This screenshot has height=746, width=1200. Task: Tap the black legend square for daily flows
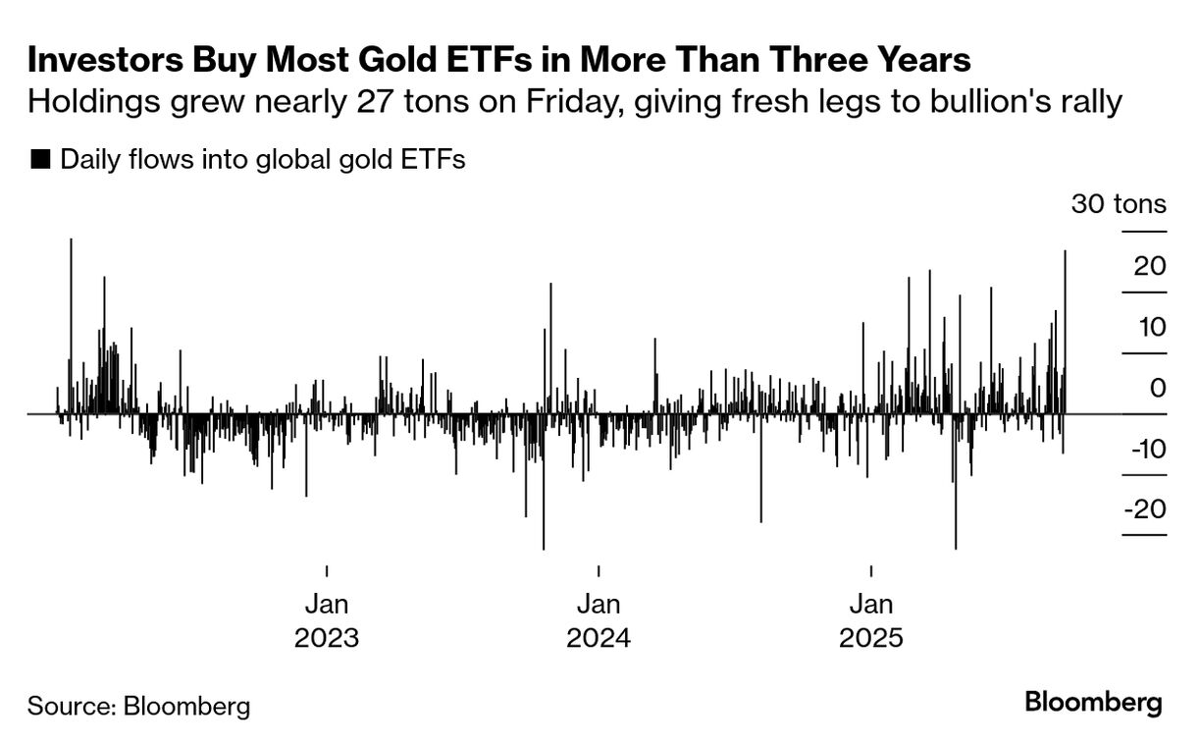40,159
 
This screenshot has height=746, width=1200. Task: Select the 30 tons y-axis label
1119,204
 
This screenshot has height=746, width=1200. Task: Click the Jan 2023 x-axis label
326,620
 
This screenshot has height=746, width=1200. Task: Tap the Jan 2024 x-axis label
599,620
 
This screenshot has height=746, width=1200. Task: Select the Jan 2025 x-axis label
871,620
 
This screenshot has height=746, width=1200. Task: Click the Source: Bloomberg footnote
138,705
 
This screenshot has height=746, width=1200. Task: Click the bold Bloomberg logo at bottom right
1093,703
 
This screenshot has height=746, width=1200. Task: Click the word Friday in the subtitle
548,101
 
